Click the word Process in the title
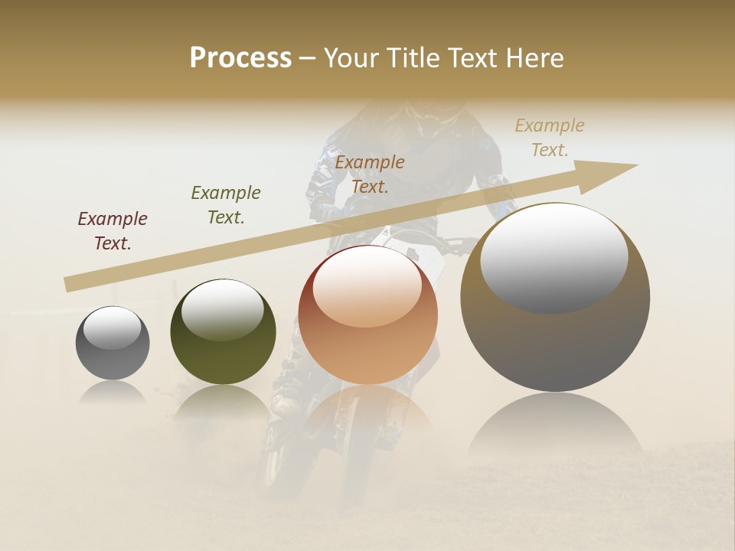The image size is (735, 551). coord(240,58)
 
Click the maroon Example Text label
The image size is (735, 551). coord(113,231)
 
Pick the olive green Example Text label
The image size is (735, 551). coord(226,205)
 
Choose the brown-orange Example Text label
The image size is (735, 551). coord(370,174)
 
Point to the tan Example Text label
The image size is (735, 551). coord(550,138)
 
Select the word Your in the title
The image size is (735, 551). coord(350,58)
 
